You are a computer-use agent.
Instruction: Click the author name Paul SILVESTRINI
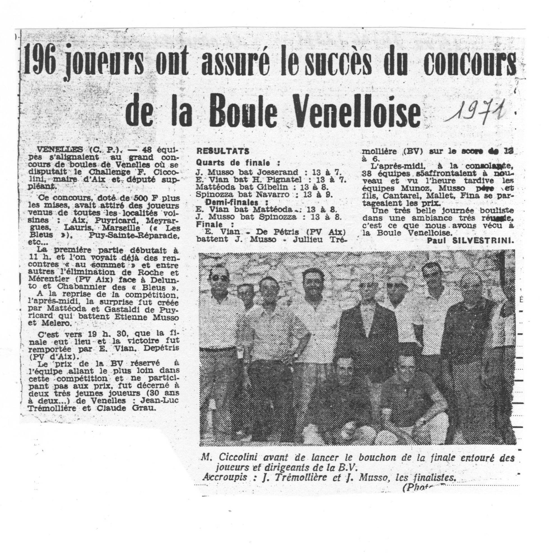[470, 242]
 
